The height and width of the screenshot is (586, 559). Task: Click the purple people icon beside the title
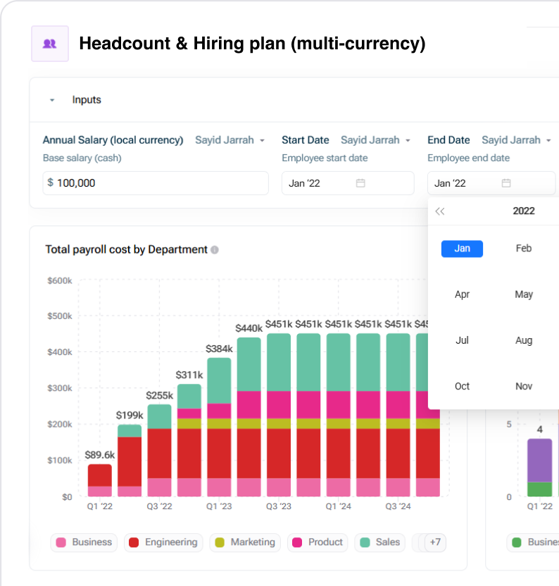[49, 44]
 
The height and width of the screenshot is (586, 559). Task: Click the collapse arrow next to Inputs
[52, 100]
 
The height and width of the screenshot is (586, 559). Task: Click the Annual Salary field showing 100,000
[156, 183]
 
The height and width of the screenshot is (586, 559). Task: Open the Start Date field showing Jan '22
[348, 183]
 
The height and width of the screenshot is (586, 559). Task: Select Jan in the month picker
[462, 249]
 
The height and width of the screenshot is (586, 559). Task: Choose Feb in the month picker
[524, 249]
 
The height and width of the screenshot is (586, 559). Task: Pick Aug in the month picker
[524, 340]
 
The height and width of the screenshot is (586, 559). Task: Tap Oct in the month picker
[462, 386]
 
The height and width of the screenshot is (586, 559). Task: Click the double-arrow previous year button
[440, 211]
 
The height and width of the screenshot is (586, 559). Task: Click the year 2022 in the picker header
[524, 211]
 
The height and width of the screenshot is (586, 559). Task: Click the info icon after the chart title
[215, 249]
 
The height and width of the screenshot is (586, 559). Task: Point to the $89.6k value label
[99, 455]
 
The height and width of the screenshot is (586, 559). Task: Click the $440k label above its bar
[249, 328]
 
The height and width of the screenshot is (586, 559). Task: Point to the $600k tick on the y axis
[60, 280]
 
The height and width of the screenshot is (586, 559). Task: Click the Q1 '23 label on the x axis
[218, 506]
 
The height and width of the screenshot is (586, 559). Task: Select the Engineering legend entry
[164, 542]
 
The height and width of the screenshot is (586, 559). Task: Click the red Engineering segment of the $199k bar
[130, 461]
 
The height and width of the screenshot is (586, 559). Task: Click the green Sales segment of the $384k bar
[219, 380]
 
